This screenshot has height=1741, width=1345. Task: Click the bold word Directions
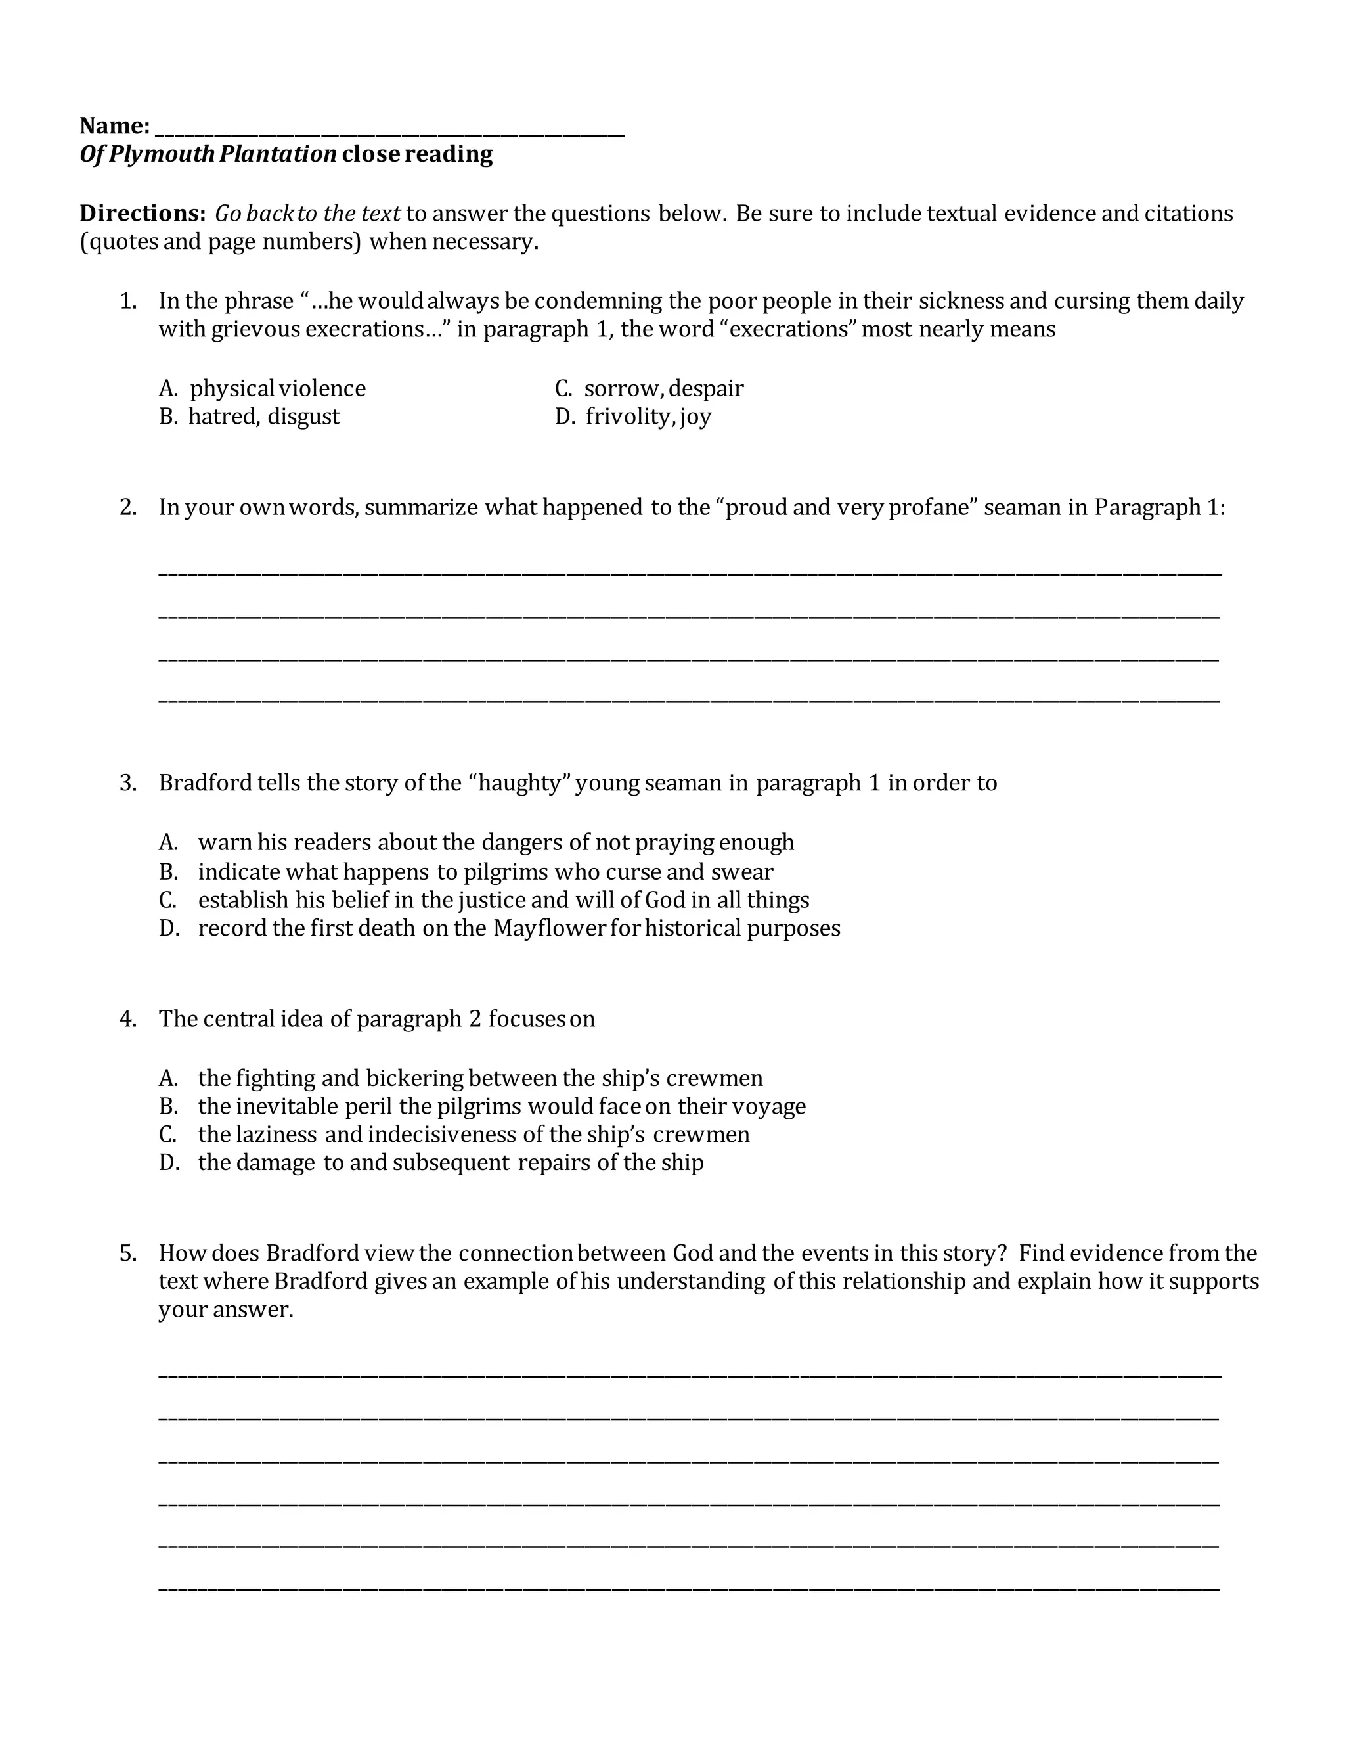[x=143, y=214]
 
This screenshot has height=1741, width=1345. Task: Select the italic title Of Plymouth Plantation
[x=208, y=154]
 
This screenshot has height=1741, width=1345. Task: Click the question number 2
[x=128, y=507]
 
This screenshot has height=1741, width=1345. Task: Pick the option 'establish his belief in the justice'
[x=503, y=900]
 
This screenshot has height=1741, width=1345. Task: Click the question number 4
[x=128, y=1019]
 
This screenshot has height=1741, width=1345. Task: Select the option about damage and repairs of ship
[x=450, y=1162]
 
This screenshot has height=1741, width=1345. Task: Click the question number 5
[x=128, y=1253]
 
